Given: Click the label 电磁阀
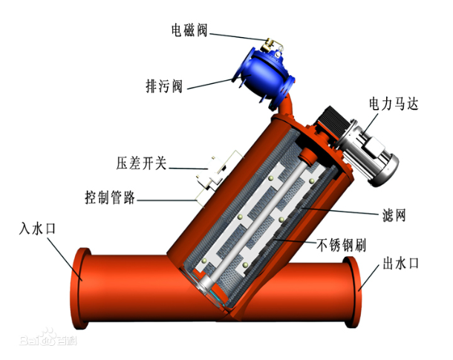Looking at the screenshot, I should [189, 30].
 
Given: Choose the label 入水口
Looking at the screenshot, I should [36, 228].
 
